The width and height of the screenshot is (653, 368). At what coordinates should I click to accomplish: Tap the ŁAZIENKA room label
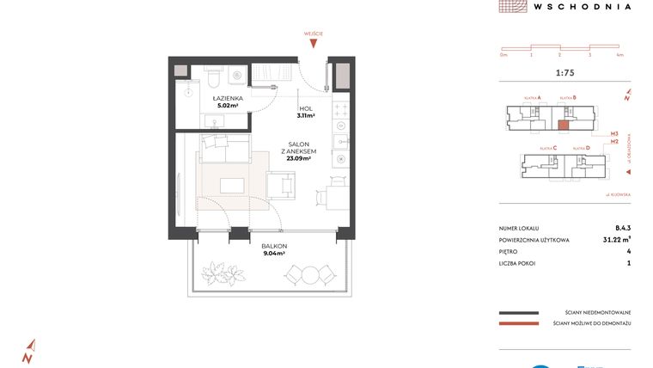pyautogui.click(x=229, y=99)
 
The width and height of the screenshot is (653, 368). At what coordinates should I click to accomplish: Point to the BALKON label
pyautogui.click(x=274, y=246)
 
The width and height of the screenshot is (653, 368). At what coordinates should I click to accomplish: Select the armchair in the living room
pyautogui.click(x=280, y=186)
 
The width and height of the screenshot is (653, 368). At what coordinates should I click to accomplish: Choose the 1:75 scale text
pyautogui.click(x=565, y=73)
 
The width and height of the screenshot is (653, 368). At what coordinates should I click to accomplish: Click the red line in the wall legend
pyautogui.click(x=518, y=323)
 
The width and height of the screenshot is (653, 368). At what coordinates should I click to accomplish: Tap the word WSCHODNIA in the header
pyautogui.click(x=582, y=6)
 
